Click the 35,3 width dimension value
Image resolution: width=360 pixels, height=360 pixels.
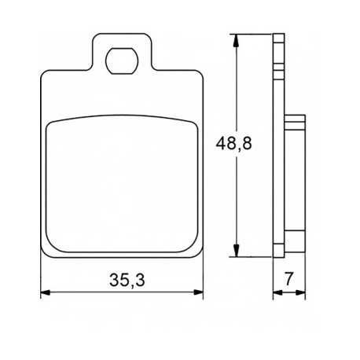127,280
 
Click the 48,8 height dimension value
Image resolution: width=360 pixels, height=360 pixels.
233,143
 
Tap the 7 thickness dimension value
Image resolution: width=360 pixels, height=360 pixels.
288,279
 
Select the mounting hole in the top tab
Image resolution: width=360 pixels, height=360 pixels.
122,61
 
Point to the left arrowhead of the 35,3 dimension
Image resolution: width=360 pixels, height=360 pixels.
46,292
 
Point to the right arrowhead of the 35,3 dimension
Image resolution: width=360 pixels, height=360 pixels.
198,292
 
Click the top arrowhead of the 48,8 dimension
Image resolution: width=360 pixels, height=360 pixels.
237,40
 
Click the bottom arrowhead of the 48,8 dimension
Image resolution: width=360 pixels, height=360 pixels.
237,250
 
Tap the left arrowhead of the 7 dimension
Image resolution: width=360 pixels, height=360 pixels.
277,292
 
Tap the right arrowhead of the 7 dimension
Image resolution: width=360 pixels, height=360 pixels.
300,292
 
